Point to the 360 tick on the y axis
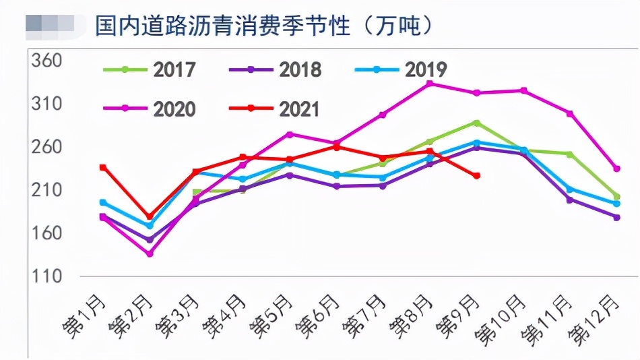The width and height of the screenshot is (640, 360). pos(46,61)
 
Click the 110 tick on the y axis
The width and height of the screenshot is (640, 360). pos(46,276)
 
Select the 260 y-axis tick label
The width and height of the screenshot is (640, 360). pos(46,147)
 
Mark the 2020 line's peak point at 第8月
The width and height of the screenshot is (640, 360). pos(430,83)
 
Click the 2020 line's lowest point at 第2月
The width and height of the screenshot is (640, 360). pos(150,253)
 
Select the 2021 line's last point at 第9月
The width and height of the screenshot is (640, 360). pos(476,176)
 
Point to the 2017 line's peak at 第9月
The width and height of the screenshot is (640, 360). pos(476,123)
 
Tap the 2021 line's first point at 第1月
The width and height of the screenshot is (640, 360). pos(103,167)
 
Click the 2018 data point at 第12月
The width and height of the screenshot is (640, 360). pos(616,217)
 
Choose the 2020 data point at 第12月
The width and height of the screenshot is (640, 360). pos(616,169)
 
